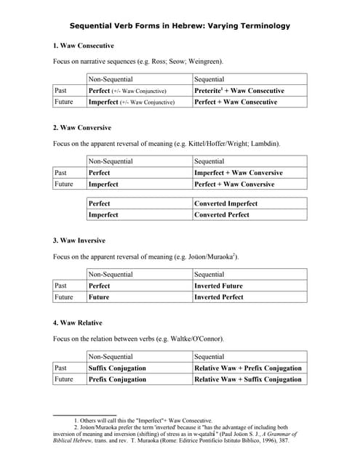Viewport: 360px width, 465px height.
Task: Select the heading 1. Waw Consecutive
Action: [84, 46]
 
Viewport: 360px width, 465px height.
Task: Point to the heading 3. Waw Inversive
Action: [79, 240]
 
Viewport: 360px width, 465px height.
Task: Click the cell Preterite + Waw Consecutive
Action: [239, 91]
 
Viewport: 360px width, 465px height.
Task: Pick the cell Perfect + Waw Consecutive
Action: [236, 102]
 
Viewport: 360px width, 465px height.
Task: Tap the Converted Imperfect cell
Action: [226, 204]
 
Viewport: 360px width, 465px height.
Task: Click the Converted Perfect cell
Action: [222, 215]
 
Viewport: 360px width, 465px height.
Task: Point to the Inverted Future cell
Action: [218, 286]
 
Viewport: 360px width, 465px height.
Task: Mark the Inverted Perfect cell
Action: [219, 297]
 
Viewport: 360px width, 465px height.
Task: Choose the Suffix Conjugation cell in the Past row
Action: [117, 368]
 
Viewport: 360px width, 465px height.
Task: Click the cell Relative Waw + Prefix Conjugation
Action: [247, 368]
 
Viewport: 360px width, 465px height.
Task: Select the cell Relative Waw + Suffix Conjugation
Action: [247, 379]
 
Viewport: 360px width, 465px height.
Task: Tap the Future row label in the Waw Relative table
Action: [65, 379]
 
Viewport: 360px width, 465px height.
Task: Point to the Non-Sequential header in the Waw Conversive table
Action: [113, 161]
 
